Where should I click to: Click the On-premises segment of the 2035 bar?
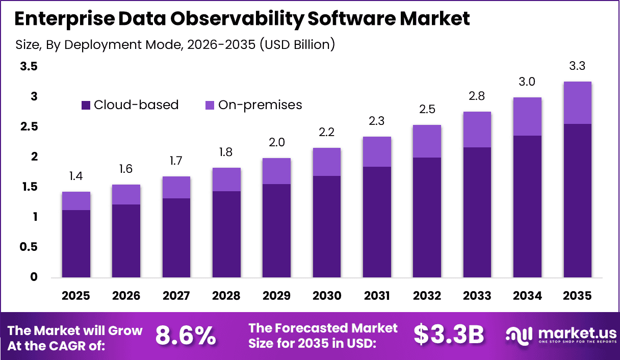pos(578,102)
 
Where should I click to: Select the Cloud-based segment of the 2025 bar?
pos(76,244)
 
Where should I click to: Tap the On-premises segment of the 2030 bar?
pos(327,162)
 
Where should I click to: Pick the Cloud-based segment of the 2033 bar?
pos(477,212)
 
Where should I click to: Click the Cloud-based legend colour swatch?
pos(86,105)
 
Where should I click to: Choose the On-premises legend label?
pos(260,105)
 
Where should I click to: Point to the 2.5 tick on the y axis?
pos(28,126)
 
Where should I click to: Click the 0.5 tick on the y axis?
pos(28,247)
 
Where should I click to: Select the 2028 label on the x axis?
pos(226,296)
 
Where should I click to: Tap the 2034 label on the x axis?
pos(527,296)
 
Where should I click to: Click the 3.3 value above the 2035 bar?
pos(578,66)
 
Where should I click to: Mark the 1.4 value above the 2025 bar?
pos(76,176)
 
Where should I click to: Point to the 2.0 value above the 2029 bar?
pos(276,142)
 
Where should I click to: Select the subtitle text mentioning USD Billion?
pos(175,44)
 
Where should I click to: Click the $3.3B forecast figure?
pos(448,335)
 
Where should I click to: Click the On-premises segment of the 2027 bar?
pos(176,187)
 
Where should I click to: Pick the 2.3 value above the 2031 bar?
pos(377,121)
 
